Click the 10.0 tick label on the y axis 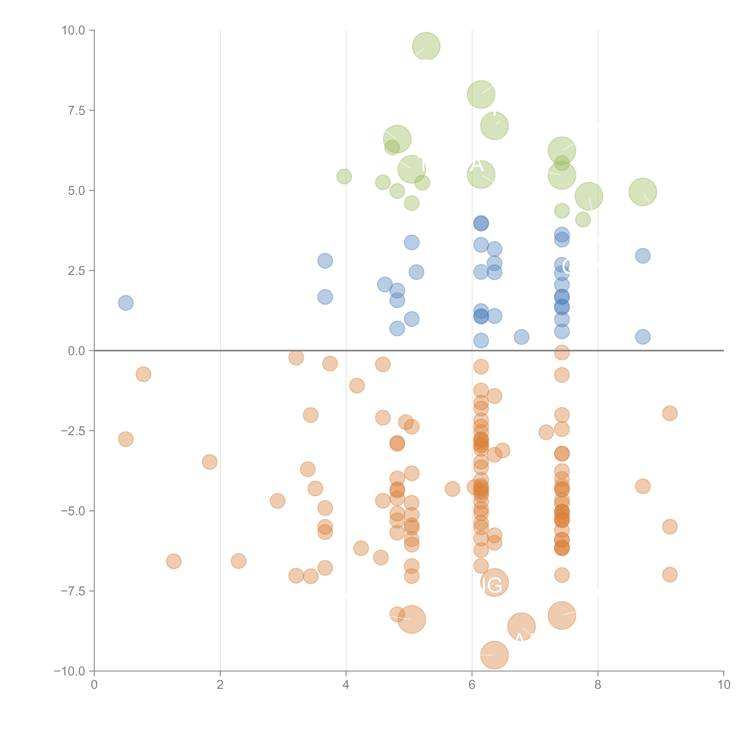[x=73, y=30]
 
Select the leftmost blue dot [x=126, y=303]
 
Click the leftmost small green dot [x=344, y=176]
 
